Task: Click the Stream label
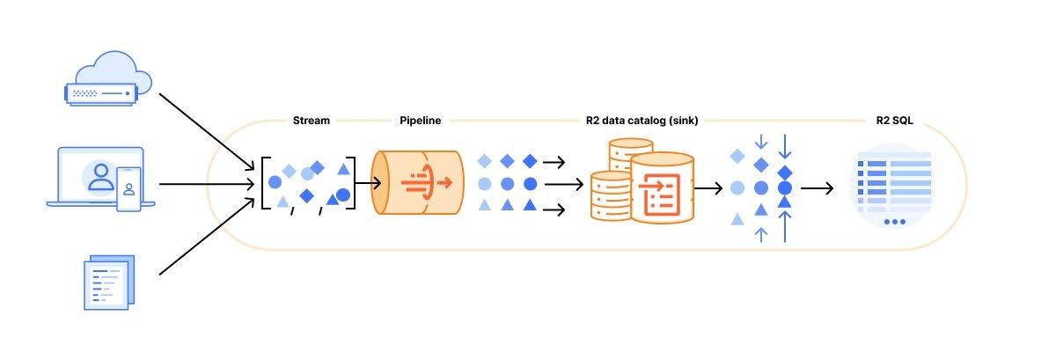point(311,121)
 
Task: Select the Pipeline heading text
point(421,121)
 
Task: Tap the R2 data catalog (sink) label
point(642,121)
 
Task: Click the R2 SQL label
point(894,121)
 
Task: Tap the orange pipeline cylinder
point(419,184)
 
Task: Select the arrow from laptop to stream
point(208,184)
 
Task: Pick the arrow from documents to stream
point(208,233)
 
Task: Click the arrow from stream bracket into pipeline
point(363,184)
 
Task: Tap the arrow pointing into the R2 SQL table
point(816,188)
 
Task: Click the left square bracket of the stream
point(265,184)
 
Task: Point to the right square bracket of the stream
point(352,184)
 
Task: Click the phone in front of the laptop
point(129,188)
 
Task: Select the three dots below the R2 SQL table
point(894,222)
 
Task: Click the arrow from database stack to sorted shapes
point(708,188)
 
